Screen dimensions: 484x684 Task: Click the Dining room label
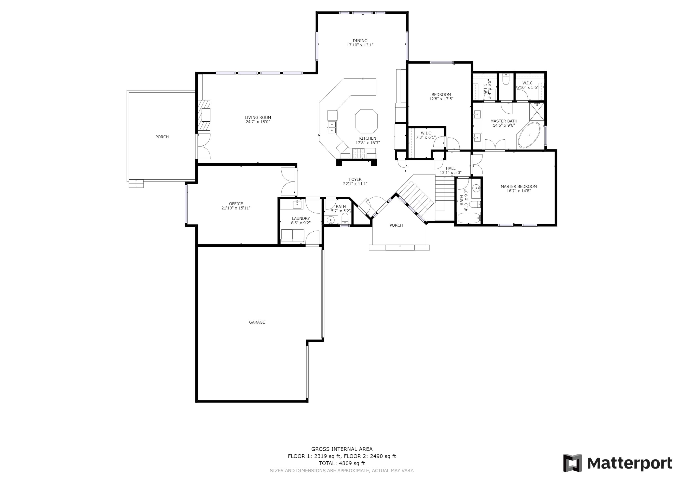[x=360, y=41]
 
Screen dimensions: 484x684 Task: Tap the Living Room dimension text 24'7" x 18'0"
[x=258, y=122]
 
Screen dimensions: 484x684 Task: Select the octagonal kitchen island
[x=366, y=121]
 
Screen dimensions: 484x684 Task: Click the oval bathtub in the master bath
[x=529, y=135]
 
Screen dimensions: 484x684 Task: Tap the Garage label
[x=257, y=322]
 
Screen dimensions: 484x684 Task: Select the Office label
[x=236, y=204]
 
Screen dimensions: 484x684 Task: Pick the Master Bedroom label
[x=519, y=187]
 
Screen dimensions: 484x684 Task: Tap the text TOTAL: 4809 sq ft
[x=342, y=463]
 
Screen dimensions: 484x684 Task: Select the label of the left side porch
[x=162, y=137]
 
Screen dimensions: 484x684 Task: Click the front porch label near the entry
[x=396, y=225]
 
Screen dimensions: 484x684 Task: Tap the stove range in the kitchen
[x=358, y=153]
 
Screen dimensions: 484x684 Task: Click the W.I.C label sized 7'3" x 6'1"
[x=426, y=133]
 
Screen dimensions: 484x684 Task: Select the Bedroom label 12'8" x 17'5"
[x=441, y=94]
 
